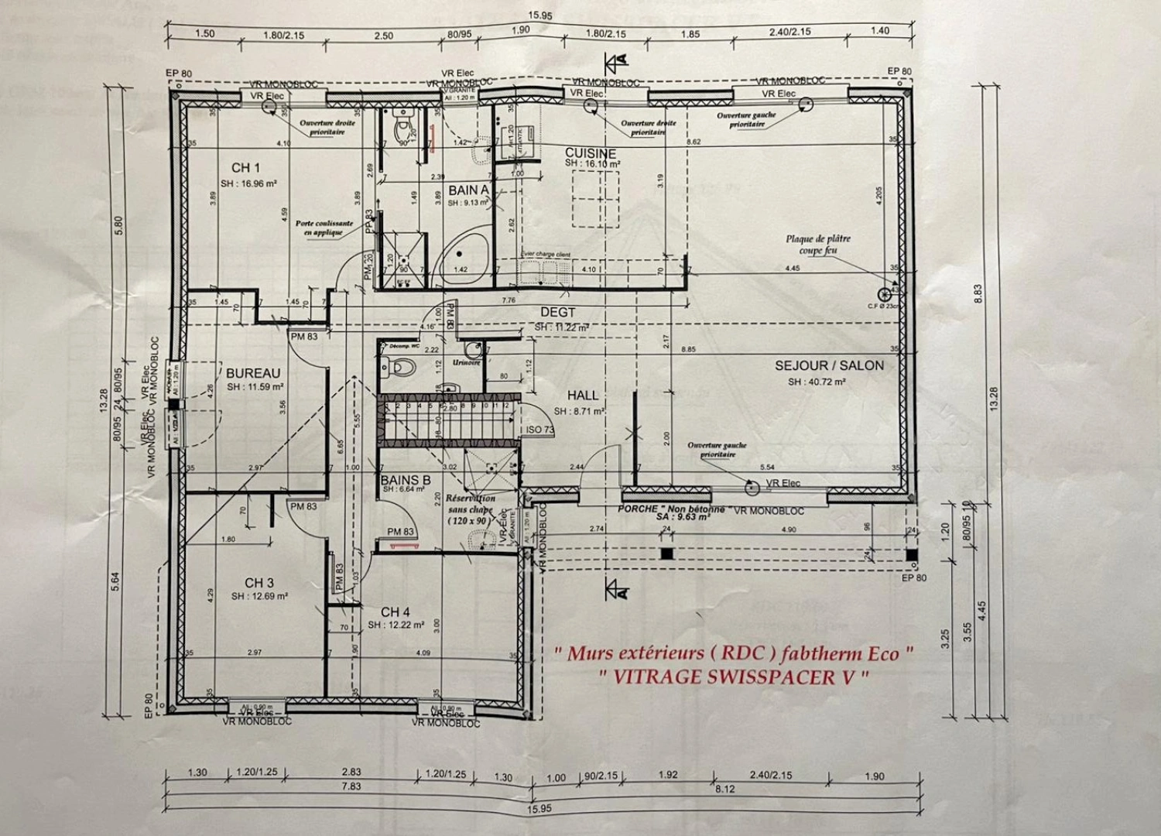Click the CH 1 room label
[245, 168]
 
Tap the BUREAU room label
[253, 373]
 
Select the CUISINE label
[591, 153]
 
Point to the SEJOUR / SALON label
[829, 365]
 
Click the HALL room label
[582, 396]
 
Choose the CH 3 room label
[259, 583]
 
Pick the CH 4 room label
[395, 612]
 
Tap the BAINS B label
[406, 480]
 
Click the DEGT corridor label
[558, 313]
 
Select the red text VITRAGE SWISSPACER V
[734, 677]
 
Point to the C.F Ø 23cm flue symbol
[884, 294]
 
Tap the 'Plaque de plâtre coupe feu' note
[819, 245]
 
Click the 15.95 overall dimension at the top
[539, 15]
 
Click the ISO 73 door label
[539, 430]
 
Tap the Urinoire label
[467, 362]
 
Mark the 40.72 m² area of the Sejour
[817, 382]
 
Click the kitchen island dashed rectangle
[595, 199]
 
